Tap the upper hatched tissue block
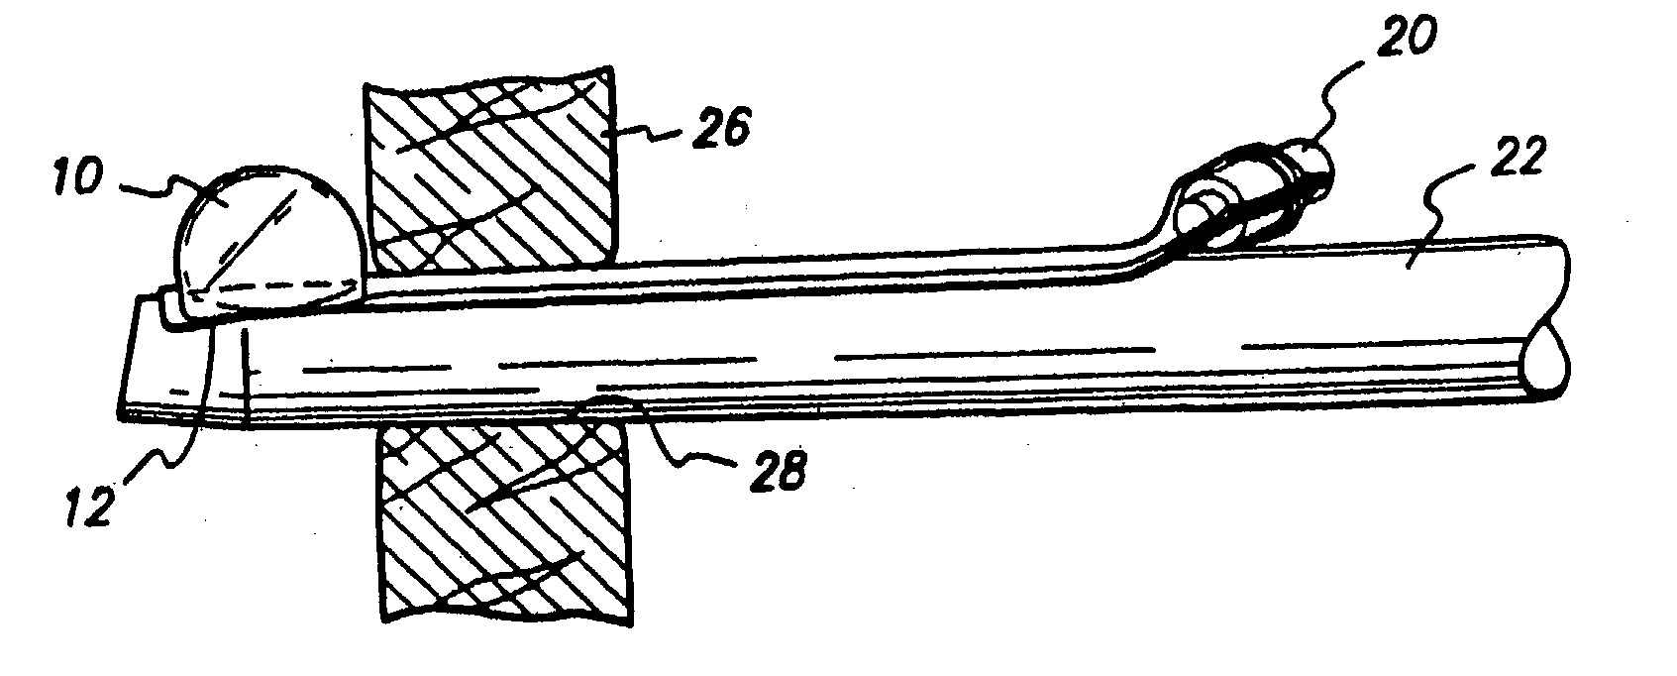[x=490, y=173]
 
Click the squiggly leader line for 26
[x=649, y=129]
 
